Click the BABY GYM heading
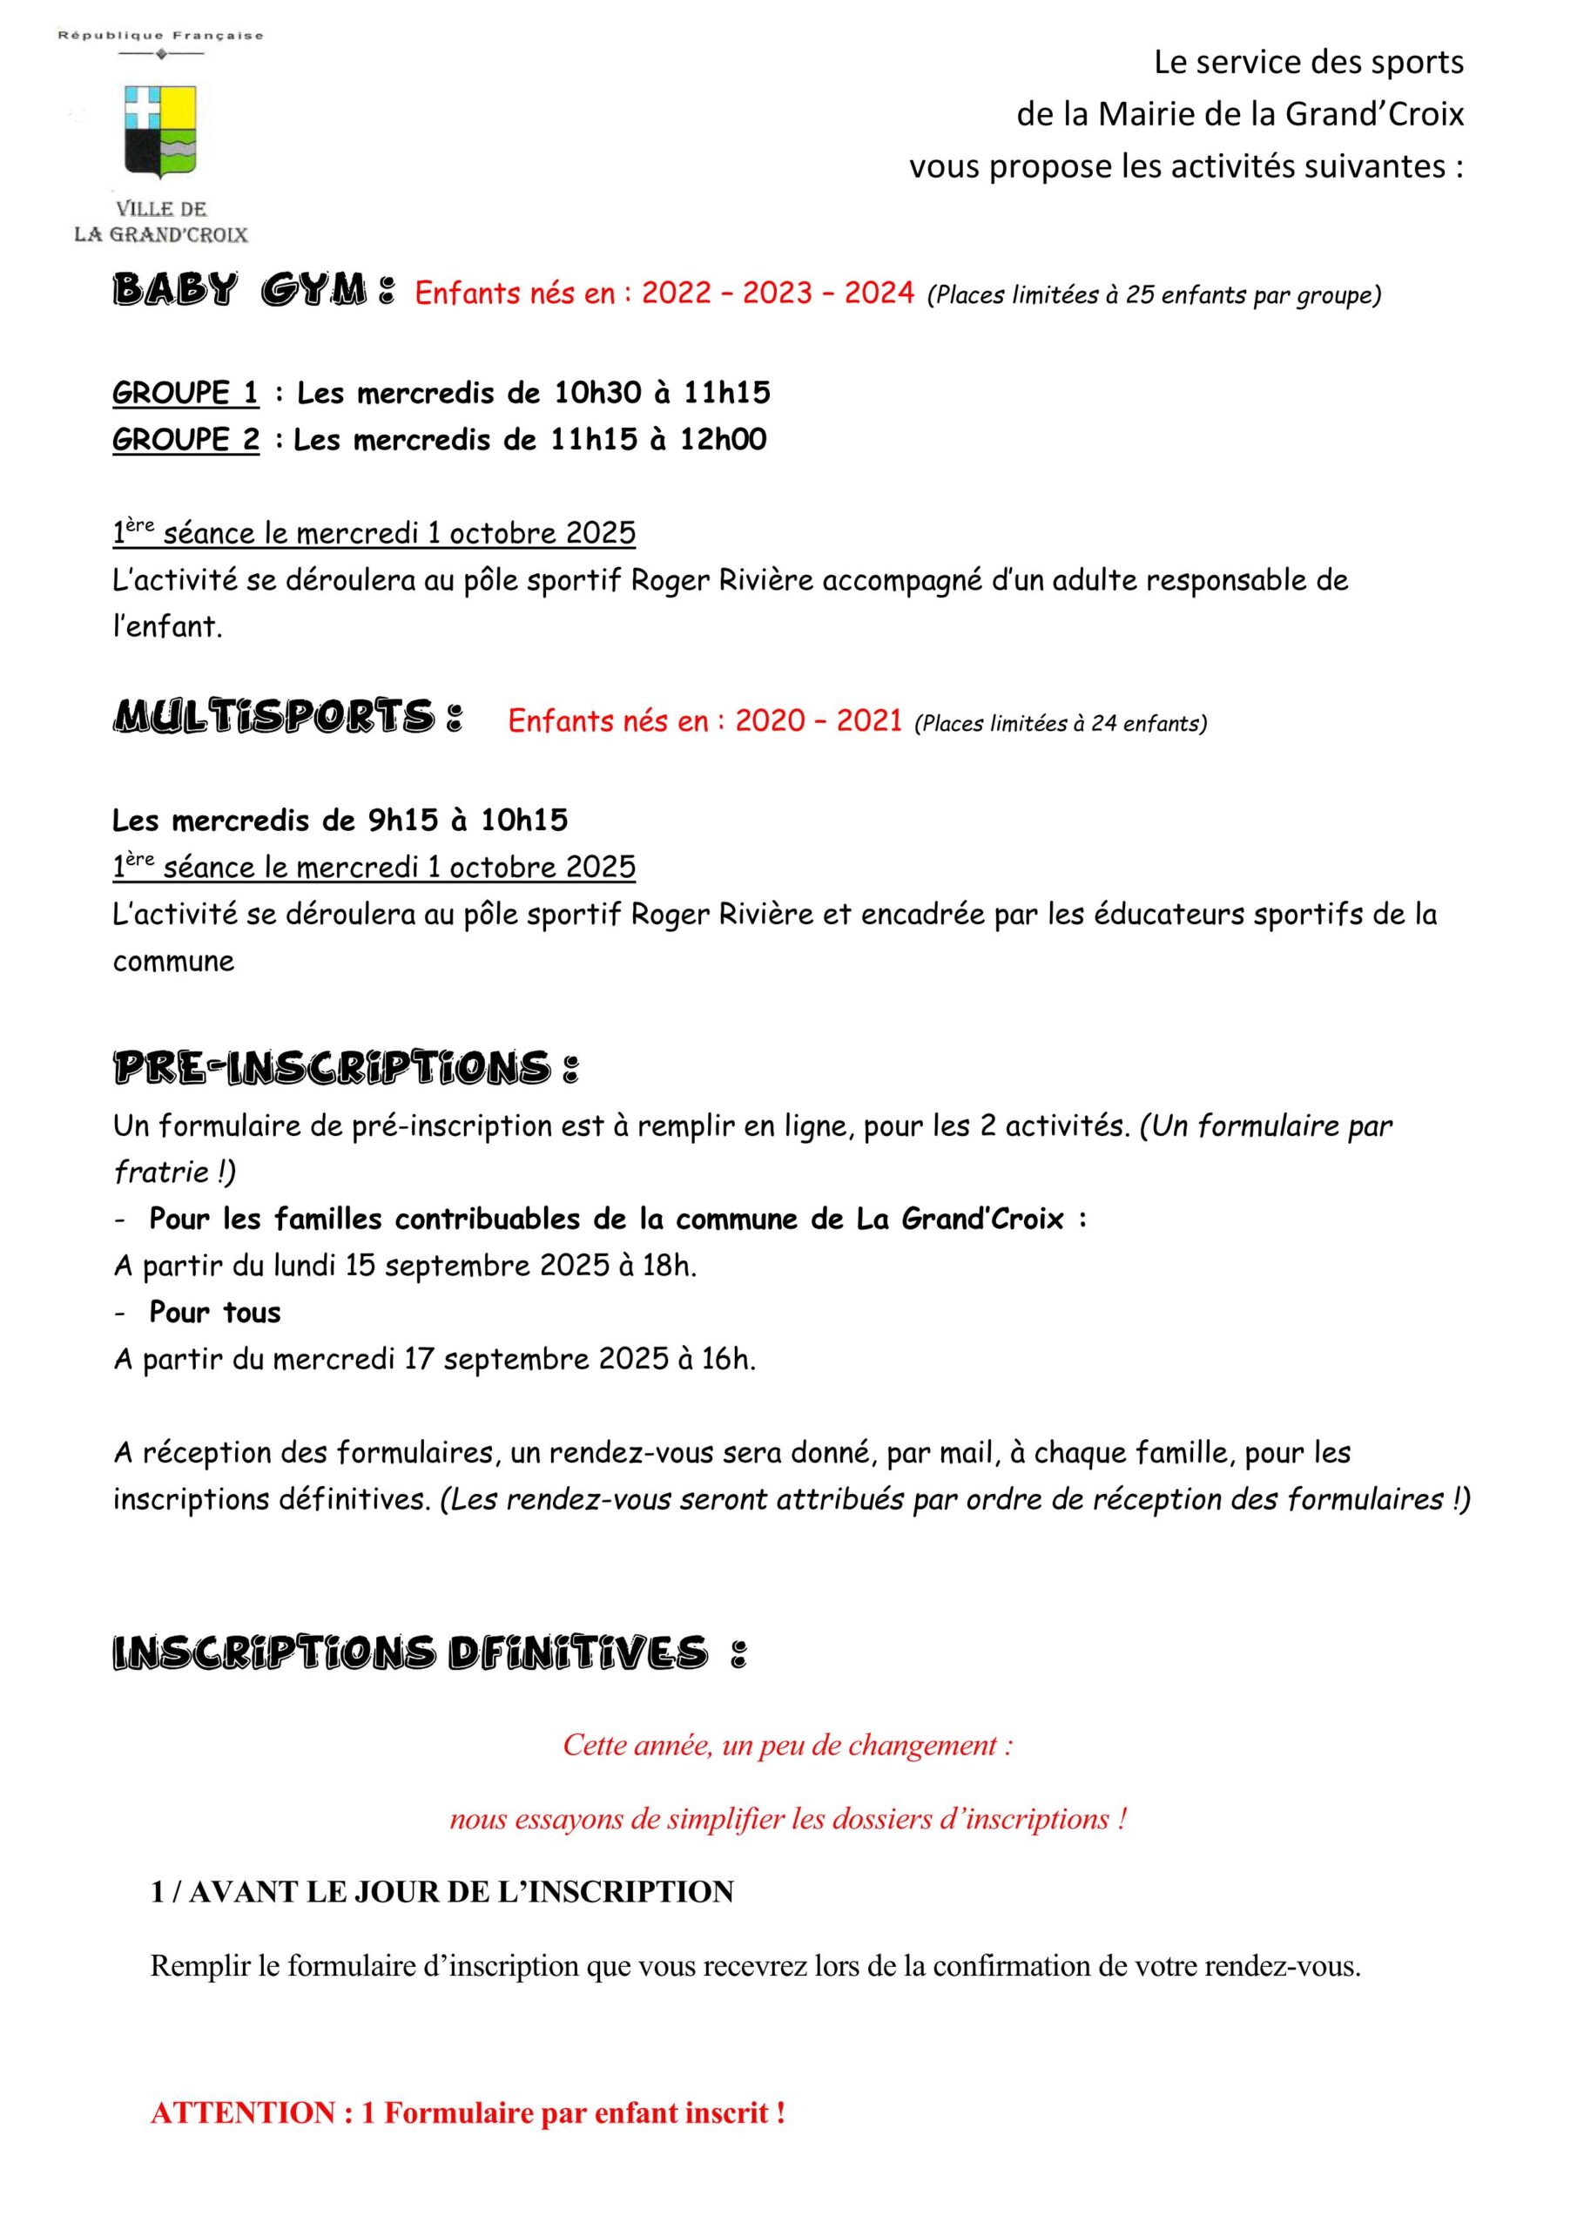point(254,290)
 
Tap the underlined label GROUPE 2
point(185,440)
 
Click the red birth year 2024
point(879,293)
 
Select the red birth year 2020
point(770,720)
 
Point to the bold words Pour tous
point(214,1312)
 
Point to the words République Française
point(160,36)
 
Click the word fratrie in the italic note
point(160,1172)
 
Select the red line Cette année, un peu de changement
point(787,1746)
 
